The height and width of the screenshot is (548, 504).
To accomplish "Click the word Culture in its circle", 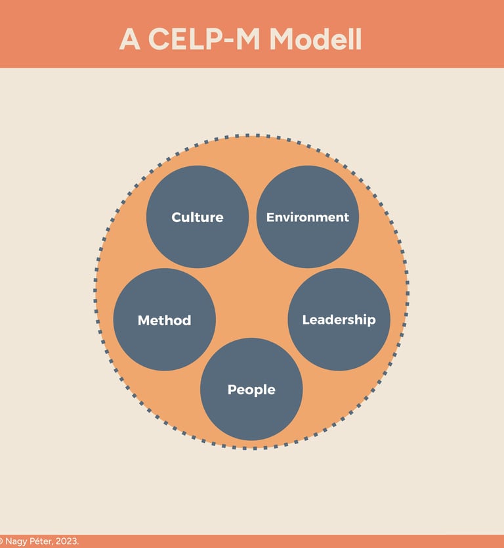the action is click(198, 217).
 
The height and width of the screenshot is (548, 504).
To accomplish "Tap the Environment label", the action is click(308, 217).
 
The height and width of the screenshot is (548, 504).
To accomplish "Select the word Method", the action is click(164, 321).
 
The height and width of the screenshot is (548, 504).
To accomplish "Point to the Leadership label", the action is click(339, 319).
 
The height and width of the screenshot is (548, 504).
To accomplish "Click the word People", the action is click(251, 390).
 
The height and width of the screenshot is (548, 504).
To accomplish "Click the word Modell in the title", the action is click(316, 40).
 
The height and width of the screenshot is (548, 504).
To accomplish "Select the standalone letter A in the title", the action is click(130, 40).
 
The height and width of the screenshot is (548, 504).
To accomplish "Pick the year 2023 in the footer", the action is click(66, 541).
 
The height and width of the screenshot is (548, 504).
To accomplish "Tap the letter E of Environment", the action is click(270, 217).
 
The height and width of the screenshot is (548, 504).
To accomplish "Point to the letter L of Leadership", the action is click(305, 319).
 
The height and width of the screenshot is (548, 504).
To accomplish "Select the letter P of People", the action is click(232, 390).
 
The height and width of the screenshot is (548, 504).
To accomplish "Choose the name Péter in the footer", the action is click(39, 541).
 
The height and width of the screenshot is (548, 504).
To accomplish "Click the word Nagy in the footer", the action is click(16, 541).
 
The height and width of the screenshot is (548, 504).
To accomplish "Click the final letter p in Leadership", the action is click(371, 321).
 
